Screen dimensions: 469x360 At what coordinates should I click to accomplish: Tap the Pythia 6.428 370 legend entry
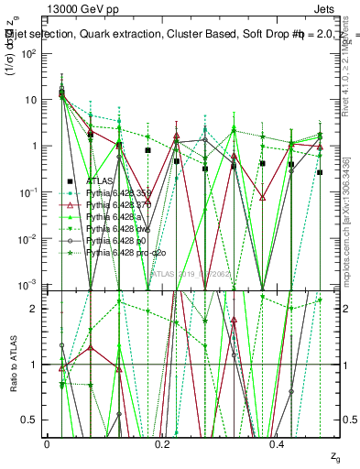click(120, 204)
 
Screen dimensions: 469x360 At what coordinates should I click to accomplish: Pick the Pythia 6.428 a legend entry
click(115, 216)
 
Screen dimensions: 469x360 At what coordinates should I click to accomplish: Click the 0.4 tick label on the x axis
click(278, 444)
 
